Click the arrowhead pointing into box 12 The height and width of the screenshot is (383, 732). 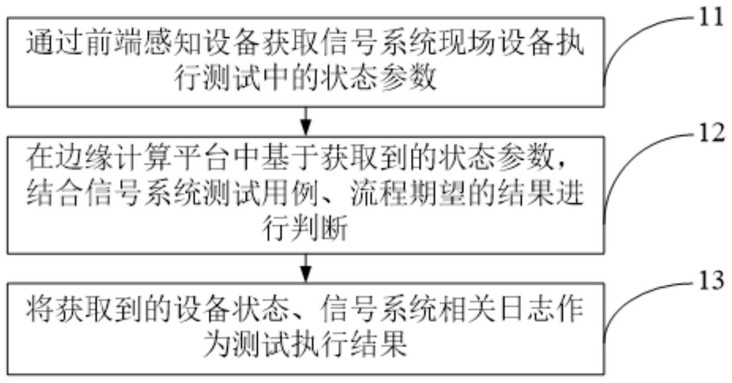click(306, 126)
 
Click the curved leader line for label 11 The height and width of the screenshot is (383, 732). click(631, 40)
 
